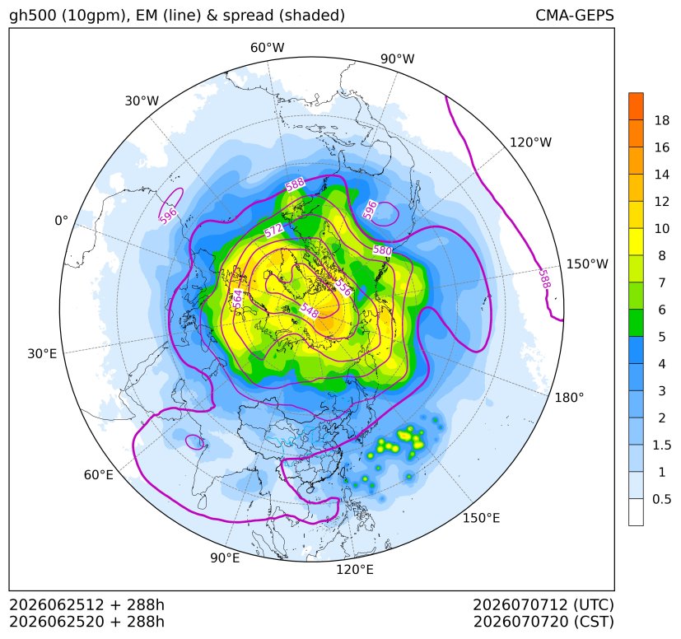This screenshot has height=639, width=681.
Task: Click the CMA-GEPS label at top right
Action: point(575,15)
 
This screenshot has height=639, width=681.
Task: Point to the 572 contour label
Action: point(274,231)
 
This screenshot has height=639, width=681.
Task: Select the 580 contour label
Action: point(382,250)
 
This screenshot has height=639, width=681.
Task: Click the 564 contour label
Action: point(237,299)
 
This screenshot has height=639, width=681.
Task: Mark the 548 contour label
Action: point(310,310)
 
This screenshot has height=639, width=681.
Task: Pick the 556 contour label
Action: point(343,287)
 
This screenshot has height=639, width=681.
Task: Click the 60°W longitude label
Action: point(268,48)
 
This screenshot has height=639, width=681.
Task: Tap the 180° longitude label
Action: point(569,398)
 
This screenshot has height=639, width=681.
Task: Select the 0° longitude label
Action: point(62,221)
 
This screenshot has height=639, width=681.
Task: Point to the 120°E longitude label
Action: point(355,570)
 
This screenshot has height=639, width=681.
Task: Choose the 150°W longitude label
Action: point(587,264)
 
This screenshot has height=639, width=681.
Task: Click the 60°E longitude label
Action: point(99,475)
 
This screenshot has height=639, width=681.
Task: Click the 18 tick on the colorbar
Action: point(662,120)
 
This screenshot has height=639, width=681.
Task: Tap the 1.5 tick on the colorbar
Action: point(662,445)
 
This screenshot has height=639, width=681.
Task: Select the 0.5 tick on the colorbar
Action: point(662,499)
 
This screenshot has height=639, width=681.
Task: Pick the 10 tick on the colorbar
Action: point(662,228)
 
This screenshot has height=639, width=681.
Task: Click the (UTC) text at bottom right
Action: point(594,604)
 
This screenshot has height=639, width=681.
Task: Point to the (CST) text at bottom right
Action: point(595,622)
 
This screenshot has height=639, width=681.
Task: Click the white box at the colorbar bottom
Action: point(636,512)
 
